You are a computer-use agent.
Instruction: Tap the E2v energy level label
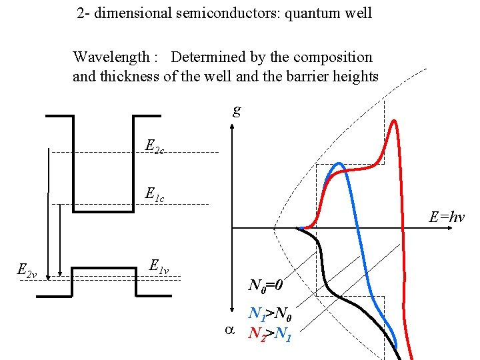pyautogui.click(x=27, y=270)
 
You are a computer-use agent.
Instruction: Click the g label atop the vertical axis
pyautogui.click(x=237, y=109)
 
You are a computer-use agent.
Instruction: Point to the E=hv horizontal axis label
pyautogui.click(x=447, y=217)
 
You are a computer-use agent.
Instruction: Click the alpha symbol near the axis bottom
pyautogui.click(x=229, y=329)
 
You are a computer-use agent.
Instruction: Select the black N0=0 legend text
pyautogui.click(x=266, y=286)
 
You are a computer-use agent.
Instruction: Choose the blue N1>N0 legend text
pyautogui.click(x=270, y=313)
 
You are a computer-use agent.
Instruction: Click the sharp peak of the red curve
pyautogui.click(x=394, y=121)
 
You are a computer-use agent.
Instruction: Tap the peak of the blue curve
pyautogui.click(x=339, y=164)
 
